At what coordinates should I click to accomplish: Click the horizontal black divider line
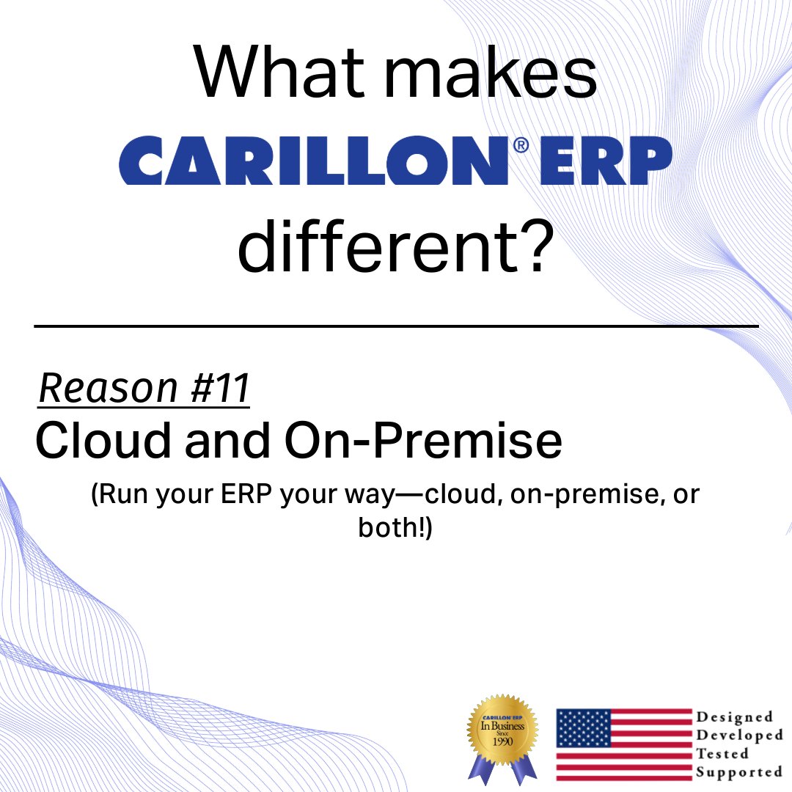(x=396, y=326)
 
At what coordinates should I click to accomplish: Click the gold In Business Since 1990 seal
(x=503, y=729)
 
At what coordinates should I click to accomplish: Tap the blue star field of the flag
(x=584, y=727)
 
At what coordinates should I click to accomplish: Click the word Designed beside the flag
(x=734, y=717)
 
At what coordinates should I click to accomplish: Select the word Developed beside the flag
(x=739, y=736)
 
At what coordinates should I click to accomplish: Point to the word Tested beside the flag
(x=722, y=754)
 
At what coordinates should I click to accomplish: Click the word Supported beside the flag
(x=739, y=772)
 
